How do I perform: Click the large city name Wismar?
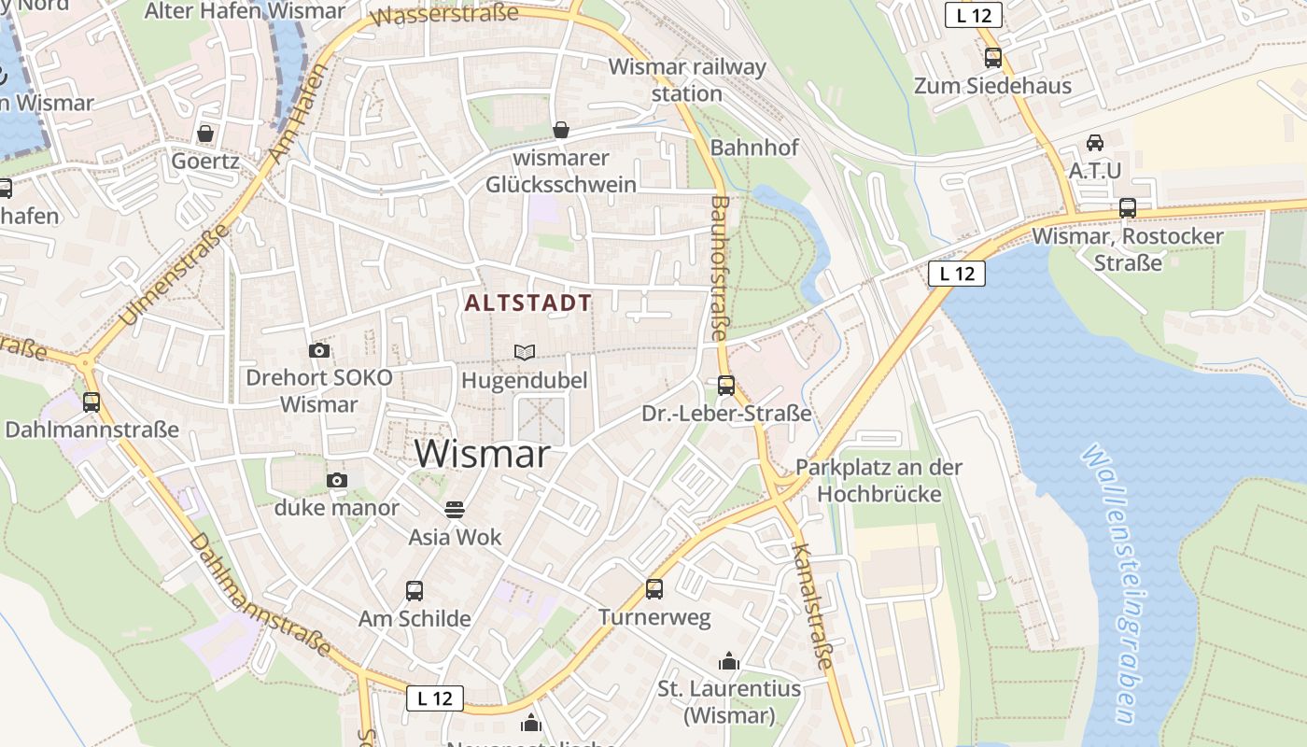[482, 455]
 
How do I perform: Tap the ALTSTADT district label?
[528, 303]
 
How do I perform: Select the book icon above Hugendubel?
[525, 352]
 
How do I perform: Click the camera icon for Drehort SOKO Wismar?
[319, 351]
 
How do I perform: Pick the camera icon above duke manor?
[337, 481]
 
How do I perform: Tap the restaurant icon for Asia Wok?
[455, 510]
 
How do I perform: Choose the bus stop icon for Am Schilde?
[415, 591]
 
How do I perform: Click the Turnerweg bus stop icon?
[654, 589]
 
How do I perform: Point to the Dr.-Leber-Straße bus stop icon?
[726, 385]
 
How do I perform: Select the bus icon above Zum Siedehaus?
[993, 58]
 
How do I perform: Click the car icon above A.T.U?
[1095, 143]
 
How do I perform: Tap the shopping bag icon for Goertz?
[205, 134]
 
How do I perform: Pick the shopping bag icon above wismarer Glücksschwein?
[561, 130]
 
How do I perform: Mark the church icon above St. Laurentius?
[729, 662]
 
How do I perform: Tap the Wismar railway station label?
[687, 80]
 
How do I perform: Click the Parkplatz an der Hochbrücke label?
[878, 480]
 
